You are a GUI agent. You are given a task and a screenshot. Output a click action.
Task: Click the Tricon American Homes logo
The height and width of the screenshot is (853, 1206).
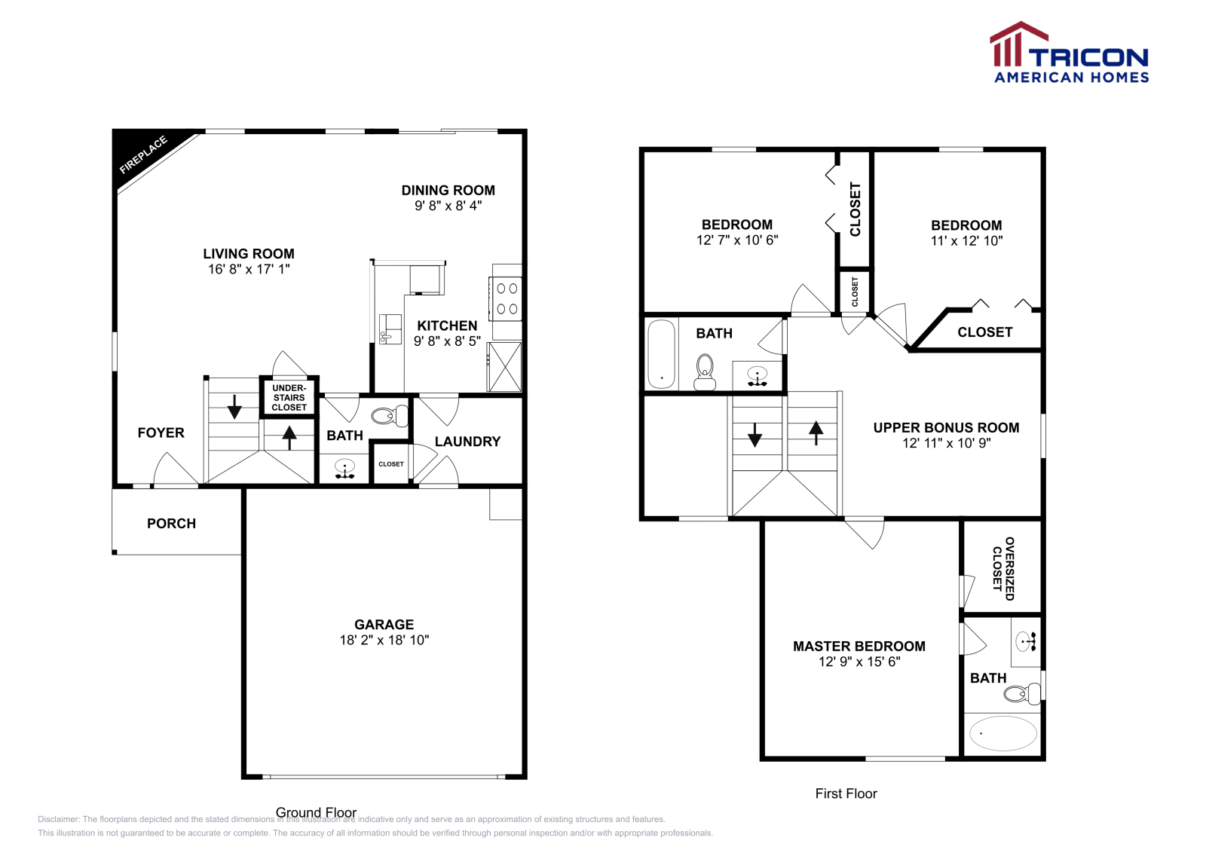click(1069, 54)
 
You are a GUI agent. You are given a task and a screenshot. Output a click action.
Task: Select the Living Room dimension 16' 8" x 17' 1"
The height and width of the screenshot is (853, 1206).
click(249, 269)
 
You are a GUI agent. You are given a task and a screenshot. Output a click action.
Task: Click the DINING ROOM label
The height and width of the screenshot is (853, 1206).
click(448, 191)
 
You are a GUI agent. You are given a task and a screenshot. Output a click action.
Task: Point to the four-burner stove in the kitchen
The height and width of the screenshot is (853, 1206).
click(507, 298)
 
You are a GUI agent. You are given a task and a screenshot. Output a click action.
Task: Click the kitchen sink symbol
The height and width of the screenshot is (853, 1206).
click(390, 329)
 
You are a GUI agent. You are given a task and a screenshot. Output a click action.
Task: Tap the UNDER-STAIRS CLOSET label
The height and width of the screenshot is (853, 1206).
click(289, 398)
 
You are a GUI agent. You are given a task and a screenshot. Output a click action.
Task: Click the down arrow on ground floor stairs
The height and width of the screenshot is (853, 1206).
click(234, 407)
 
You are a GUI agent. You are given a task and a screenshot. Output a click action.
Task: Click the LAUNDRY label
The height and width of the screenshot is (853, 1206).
click(467, 442)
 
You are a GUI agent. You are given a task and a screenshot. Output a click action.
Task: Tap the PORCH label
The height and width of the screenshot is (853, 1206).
click(171, 524)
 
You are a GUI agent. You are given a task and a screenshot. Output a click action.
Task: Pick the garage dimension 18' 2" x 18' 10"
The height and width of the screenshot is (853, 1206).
click(384, 641)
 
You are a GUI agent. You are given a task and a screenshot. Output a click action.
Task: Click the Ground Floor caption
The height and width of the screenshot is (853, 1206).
click(316, 812)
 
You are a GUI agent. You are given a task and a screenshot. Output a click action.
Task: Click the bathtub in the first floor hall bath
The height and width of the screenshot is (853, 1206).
click(661, 353)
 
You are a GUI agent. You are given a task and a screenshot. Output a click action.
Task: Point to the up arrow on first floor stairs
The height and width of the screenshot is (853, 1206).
click(816, 433)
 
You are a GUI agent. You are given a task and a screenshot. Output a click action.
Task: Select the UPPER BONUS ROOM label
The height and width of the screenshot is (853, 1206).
click(946, 428)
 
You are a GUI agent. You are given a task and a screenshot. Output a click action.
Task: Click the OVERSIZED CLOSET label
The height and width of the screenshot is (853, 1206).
click(1003, 568)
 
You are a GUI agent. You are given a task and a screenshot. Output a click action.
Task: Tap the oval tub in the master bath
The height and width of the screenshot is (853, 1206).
click(1002, 733)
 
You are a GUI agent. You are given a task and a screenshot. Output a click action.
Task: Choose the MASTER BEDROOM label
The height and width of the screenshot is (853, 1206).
click(859, 647)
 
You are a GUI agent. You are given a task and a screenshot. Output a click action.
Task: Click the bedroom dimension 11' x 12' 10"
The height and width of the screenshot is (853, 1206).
click(966, 241)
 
